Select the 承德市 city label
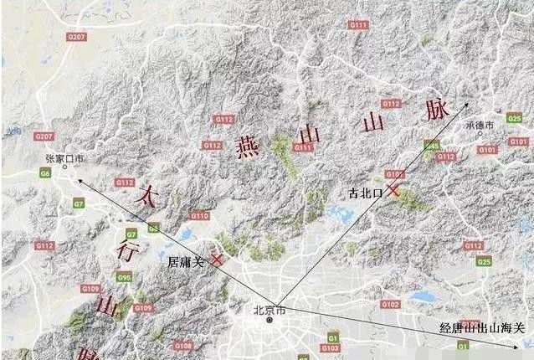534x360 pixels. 480,125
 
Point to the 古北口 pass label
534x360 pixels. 366,193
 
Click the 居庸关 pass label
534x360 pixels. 186,262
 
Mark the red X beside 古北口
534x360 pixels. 393,192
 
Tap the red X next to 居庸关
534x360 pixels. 217,260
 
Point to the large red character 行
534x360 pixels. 126,250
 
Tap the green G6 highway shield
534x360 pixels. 44,173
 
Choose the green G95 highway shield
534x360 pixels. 124,278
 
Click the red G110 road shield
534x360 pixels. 198,215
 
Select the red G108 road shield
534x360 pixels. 183,345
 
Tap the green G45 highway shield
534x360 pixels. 432,146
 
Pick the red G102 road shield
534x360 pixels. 390,303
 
